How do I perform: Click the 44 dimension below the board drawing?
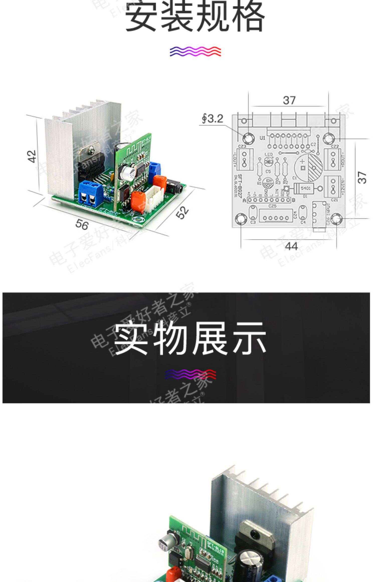click(x=291, y=246)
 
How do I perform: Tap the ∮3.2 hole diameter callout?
click(x=213, y=119)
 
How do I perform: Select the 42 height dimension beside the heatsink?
click(x=32, y=156)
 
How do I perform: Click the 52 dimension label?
click(x=182, y=212)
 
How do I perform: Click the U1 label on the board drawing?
click(x=262, y=138)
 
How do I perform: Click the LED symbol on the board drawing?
click(x=268, y=162)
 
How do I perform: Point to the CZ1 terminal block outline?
click(x=332, y=186)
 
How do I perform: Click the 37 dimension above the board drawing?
click(x=289, y=101)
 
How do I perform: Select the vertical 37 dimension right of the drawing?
click(x=362, y=177)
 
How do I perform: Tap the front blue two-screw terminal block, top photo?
click(x=90, y=193)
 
